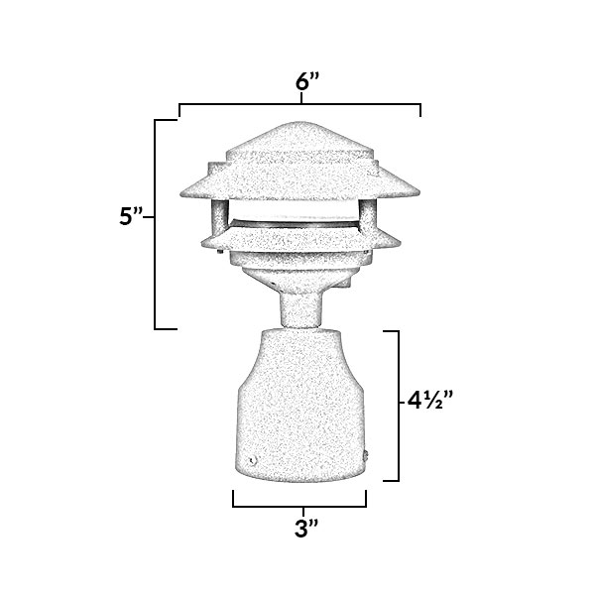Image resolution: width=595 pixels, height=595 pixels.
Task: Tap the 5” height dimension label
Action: click(x=132, y=218)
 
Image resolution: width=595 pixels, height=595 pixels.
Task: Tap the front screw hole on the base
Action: click(x=252, y=460)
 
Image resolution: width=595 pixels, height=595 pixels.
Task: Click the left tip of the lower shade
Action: click(x=201, y=241)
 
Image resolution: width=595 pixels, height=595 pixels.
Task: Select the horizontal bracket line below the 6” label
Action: click(x=299, y=103)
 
